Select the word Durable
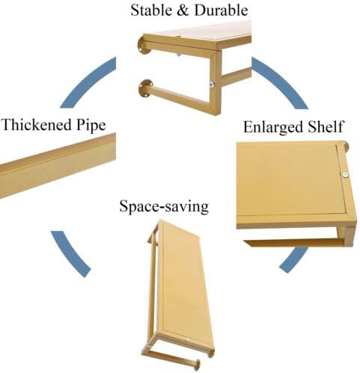(x=222, y=10)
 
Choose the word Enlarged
(x=273, y=127)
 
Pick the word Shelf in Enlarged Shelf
(x=326, y=126)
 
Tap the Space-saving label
(x=164, y=207)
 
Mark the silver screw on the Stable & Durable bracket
(x=212, y=84)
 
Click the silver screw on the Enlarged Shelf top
(x=345, y=175)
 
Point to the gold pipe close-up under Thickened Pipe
(x=58, y=165)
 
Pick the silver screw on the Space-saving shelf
(x=187, y=339)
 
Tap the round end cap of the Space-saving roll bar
(x=198, y=365)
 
